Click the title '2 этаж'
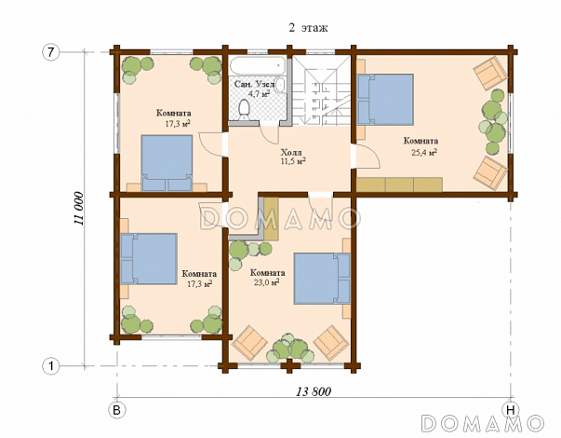[308, 28]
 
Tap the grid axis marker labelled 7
[50, 52]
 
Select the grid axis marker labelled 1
[50, 366]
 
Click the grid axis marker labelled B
[117, 410]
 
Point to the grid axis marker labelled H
[511, 410]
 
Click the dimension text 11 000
[79, 209]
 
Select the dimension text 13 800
[314, 391]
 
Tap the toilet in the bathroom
[245, 110]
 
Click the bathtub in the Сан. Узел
[258, 65]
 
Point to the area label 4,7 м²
[260, 94]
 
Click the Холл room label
[291, 152]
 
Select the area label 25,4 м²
[424, 153]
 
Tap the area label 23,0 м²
[267, 282]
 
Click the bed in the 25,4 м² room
[385, 100]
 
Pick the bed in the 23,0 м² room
[322, 279]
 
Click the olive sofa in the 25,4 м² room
[399, 185]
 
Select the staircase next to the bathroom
[321, 90]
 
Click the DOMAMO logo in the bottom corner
[482, 424]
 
